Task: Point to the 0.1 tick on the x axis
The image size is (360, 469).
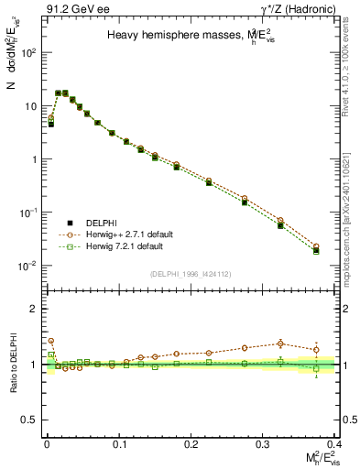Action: click(x=118, y=443)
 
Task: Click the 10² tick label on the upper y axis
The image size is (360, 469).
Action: click(x=29, y=52)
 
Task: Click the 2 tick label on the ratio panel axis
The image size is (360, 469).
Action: click(x=34, y=309)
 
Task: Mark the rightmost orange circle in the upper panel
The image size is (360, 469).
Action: click(x=316, y=246)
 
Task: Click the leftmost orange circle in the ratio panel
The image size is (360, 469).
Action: click(x=50, y=341)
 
